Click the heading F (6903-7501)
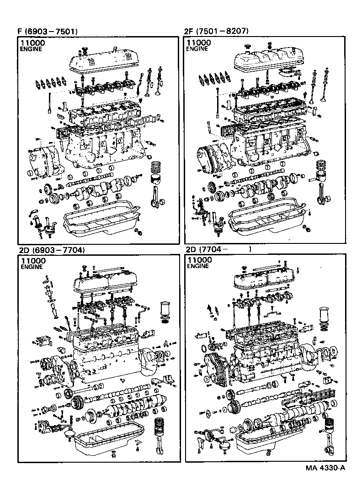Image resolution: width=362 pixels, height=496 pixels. [x=47, y=32]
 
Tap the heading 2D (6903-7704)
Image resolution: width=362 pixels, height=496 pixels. [x=52, y=250]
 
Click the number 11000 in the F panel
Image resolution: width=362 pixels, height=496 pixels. [x=32, y=42]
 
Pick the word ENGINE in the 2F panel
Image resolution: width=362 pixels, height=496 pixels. [x=196, y=48]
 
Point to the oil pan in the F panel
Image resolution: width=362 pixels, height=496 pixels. [x=101, y=222]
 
